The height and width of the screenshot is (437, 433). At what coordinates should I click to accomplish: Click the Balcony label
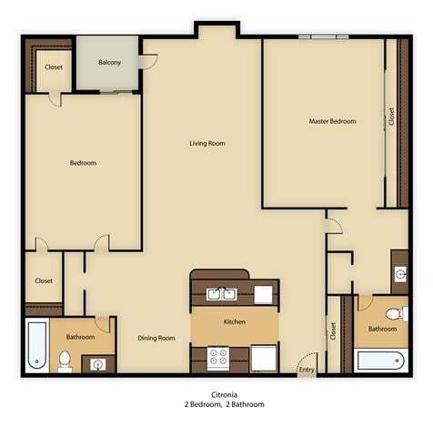tap(110, 63)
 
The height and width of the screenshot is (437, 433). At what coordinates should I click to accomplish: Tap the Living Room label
tap(206, 143)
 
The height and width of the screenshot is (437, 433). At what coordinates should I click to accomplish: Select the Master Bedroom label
tap(332, 121)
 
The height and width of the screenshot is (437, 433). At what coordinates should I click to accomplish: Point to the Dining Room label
tap(156, 338)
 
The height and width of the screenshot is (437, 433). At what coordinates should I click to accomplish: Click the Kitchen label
tap(234, 322)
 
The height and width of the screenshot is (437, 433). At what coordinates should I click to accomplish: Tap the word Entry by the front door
tap(306, 369)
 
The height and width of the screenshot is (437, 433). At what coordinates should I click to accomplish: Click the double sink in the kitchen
tap(219, 294)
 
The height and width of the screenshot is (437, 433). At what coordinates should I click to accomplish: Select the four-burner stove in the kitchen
tap(219, 357)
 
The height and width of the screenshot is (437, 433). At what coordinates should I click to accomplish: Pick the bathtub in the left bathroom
tap(36, 346)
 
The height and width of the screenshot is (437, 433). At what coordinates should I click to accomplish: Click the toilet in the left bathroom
tap(65, 360)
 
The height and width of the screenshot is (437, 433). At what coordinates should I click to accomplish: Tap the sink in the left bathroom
tap(99, 364)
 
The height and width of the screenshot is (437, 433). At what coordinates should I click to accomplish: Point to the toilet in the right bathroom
tap(393, 314)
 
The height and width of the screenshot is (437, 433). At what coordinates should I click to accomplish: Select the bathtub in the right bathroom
tap(382, 361)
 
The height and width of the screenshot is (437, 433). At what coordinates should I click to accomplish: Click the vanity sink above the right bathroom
tap(399, 273)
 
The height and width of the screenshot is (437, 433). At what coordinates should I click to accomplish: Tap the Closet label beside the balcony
tap(53, 66)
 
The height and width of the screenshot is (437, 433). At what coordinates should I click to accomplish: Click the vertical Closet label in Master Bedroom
tap(391, 117)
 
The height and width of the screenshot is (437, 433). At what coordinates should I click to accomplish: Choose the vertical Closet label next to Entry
tap(333, 332)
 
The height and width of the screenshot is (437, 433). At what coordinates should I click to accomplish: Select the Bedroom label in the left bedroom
tap(83, 163)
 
